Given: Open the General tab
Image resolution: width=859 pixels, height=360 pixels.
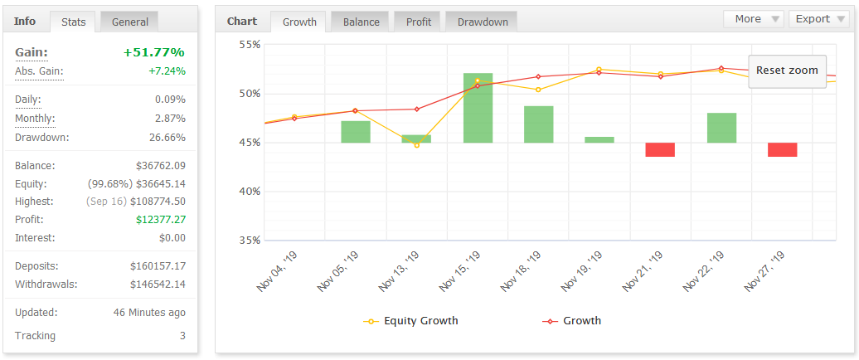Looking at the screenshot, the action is pyautogui.click(x=130, y=22).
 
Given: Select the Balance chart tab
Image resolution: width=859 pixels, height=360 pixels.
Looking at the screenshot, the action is pyautogui.click(x=361, y=22).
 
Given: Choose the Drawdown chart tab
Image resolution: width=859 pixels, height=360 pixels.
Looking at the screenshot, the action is pyautogui.click(x=483, y=22).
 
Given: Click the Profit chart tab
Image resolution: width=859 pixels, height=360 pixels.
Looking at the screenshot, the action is pyautogui.click(x=419, y=22).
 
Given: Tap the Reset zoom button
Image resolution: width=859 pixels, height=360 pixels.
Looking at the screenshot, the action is pyautogui.click(x=787, y=71).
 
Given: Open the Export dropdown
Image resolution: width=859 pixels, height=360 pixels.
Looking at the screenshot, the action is pyautogui.click(x=819, y=19).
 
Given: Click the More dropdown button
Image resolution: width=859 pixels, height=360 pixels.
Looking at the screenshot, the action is pyautogui.click(x=754, y=19).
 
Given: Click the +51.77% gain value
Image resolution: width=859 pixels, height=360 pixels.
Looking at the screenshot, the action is pyautogui.click(x=154, y=52).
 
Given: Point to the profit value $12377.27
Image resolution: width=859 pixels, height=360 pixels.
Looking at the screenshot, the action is pyautogui.click(x=161, y=220).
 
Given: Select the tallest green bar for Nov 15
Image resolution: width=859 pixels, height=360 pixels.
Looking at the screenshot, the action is pyautogui.click(x=478, y=108).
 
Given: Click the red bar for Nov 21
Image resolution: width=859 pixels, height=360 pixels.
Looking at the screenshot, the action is pyautogui.click(x=660, y=149).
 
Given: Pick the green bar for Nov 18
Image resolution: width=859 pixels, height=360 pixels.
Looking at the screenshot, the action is pyautogui.click(x=539, y=124).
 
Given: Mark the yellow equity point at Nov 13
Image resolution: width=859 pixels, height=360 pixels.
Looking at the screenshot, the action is pyautogui.click(x=417, y=145).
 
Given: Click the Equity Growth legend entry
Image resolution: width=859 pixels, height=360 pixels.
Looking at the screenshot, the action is pyautogui.click(x=411, y=320).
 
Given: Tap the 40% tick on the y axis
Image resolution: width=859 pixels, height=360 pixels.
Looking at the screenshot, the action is pyautogui.click(x=250, y=192).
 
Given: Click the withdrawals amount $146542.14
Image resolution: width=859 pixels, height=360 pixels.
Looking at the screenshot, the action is pyautogui.click(x=158, y=285).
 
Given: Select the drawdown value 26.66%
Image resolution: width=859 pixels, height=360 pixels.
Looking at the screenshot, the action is pyautogui.click(x=167, y=138).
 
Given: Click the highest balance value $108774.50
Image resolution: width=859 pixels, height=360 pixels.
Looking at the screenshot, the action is pyautogui.click(x=156, y=202).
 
